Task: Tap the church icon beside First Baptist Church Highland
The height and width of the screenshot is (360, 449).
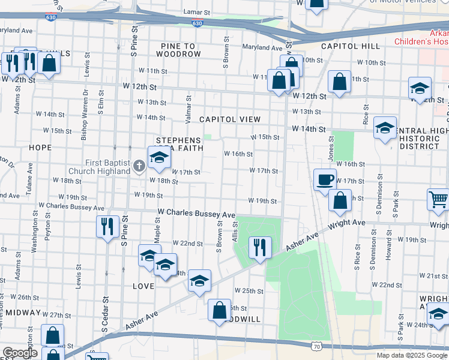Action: pyautogui.click(x=139, y=166)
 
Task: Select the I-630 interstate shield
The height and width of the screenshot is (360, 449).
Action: pyautogui.click(x=197, y=23)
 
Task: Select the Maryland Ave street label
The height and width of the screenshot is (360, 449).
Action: pyautogui.click(x=262, y=47)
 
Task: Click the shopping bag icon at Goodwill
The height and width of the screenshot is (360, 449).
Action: pyautogui.click(x=220, y=310)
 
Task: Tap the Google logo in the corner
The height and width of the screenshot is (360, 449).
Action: pyautogui.click(x=20, y=353)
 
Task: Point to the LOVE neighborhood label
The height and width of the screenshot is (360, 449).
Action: pyautogui.click(x=143, y=286)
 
